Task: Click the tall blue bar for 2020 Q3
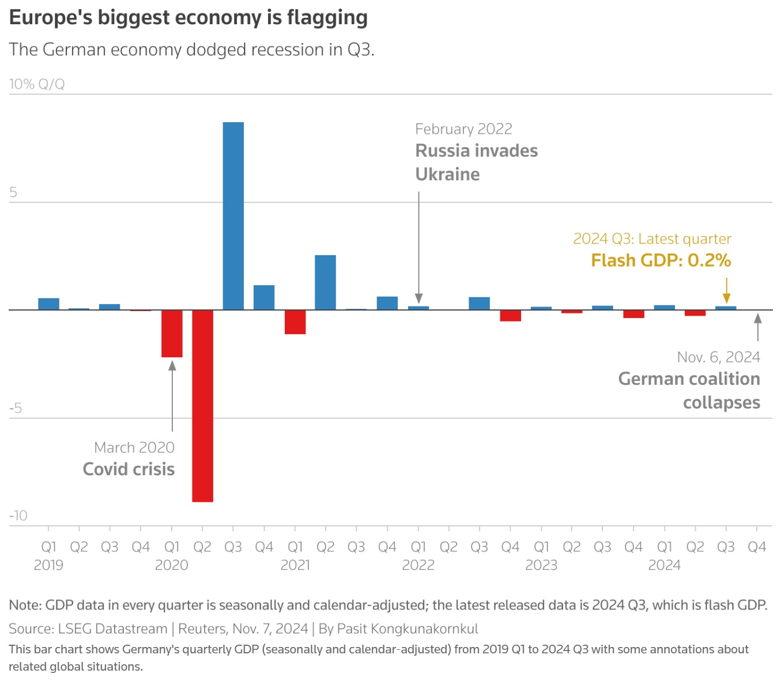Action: pyautogui.click(x=233, y=216)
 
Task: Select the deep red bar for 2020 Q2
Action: pyautogui.click(x=202, y=406)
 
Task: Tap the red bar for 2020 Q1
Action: pyautogui.click(x=172, y=334)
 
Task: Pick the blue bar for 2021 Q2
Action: pyautogui.click(x=325, y=282)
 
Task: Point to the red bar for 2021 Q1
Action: pyautogui.click(x=295, y=322)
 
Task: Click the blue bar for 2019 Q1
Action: pyautogui.click(x=49, y=304)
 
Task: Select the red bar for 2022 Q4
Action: pyautogui.click(x=510, y=316)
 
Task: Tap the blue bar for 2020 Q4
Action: pyautogui.click(x=264, y=297)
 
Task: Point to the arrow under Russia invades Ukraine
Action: pyautogui.click(x=418, y=248)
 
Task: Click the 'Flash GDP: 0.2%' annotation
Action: pyautogui.click(x=661, y=260)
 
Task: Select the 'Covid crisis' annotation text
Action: pyautogui.click(x=129, y=469)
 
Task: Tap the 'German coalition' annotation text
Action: pyautogui.click(x=689, y=379)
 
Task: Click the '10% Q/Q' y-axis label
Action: pyautogui.click(x=37, y=84)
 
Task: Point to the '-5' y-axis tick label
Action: pyautogui.click(x=16, y=408)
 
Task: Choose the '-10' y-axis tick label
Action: pyautogui.click(x=18, y=516)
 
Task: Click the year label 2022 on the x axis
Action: pyautogui.click(x=418, y=565)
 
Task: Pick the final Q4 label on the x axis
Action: pyautogui.click(x=756, y=547)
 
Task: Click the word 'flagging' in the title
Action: pyautogui.click(x=327, y=17)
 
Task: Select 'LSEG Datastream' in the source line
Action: pyautogui.click(x=112, y=629)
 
